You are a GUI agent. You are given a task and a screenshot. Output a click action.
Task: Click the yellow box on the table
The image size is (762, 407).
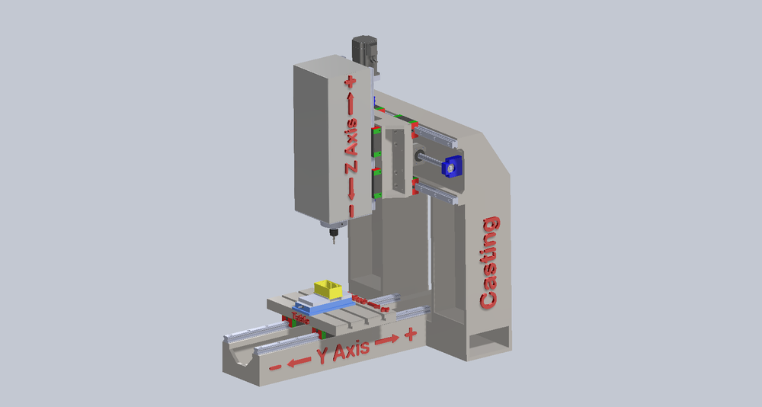(x=329, y=289)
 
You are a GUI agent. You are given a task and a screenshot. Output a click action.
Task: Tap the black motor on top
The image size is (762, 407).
(x=365, y=51)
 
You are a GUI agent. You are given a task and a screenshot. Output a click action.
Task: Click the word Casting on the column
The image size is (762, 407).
(x=490, y=262)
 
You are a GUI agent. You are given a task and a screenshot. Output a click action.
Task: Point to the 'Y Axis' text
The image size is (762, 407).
(x=344, y=350)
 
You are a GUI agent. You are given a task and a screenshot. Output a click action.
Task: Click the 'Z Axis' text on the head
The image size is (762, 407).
(x=351, y=145)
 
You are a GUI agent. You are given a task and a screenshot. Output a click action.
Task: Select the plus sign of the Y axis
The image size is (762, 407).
(x=411, y=334)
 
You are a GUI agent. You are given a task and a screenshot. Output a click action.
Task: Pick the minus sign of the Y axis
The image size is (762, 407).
(x=275, y=367)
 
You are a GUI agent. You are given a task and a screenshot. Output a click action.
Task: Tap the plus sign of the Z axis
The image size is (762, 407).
(x=351, y=81)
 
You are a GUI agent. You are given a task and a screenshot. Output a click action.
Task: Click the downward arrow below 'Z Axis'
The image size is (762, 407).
(x=351, y=187)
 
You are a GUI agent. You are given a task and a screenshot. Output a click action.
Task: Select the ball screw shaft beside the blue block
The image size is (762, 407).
(x=430, y=159)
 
